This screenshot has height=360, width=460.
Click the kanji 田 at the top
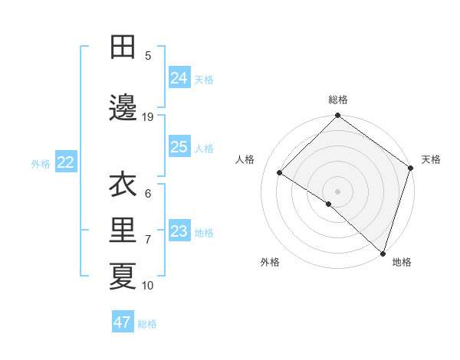[123, 47]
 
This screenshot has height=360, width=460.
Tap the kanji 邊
[123, 108]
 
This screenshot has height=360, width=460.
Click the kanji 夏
[123, 277]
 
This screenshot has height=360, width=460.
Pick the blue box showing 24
[179, 78]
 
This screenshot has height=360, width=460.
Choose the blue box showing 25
[179, 147]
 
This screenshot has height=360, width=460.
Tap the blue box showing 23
[179, 231]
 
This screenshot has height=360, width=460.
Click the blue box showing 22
[66, 162]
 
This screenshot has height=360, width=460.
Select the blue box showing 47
[123, 322]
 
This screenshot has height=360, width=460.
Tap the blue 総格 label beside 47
[147, 323]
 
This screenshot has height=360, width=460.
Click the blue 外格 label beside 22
[41, 163]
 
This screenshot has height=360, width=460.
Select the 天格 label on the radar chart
[431, 159]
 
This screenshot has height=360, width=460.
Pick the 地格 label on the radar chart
[402, 262]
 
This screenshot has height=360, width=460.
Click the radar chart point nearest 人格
[280, 173]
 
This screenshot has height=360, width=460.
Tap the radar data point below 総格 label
[337, 116]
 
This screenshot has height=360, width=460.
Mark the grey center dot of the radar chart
[337, 191]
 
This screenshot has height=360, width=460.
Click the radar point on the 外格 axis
[329, 204]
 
